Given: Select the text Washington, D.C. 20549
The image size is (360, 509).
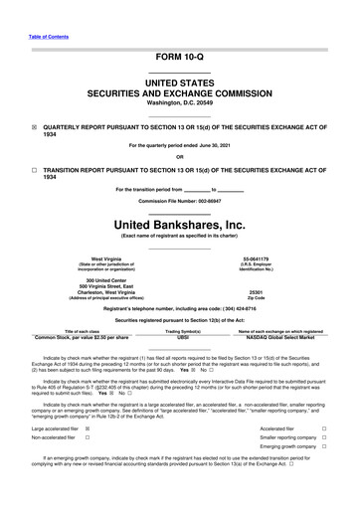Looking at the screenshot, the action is (x=179, y=102).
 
